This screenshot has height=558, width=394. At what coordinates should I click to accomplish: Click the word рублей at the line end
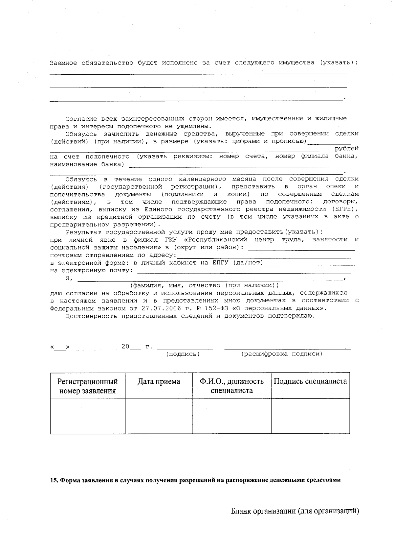pos(347,149)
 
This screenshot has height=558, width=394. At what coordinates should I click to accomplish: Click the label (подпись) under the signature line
pos(183,354)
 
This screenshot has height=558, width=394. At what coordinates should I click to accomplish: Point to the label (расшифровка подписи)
pos(282,354)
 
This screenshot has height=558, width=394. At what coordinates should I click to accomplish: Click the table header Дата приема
pos(159,382)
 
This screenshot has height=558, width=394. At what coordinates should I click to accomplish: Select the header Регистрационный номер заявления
pos(88,386)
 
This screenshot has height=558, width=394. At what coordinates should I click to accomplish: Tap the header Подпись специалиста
pos(310,381)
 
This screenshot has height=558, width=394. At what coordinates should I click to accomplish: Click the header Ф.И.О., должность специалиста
pos(231,386)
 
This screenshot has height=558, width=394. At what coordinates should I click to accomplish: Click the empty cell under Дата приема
pos(159,416)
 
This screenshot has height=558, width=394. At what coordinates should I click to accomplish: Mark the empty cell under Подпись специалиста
pos(310,416)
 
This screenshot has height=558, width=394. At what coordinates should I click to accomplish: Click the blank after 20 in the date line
pos(135,347)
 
